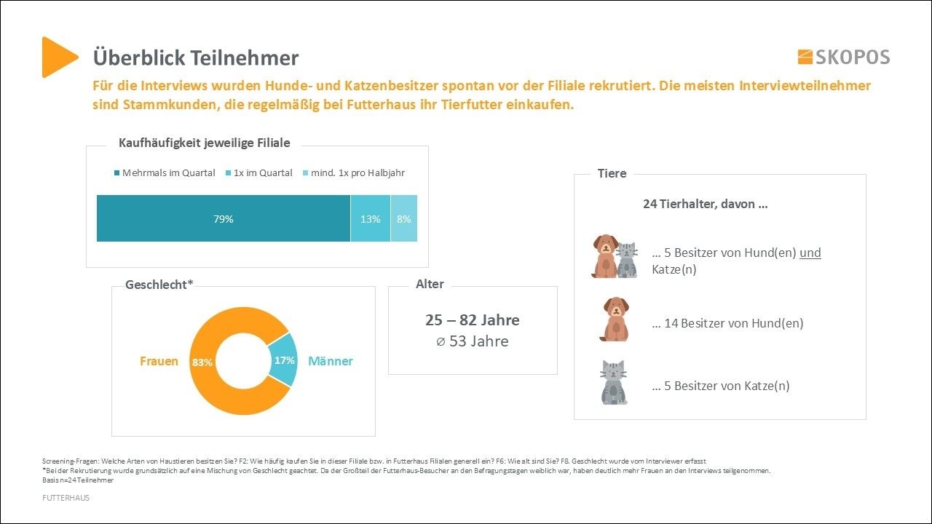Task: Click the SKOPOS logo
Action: point(843,57)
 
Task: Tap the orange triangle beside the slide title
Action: point(58,57)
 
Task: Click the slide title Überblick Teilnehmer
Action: point(195,58)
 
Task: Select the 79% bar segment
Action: point(224,218)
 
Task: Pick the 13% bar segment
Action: point(371,218)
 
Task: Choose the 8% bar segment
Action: point(404,218)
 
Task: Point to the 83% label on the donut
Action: point(202,362)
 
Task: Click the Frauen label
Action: point(159,362)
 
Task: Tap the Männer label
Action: point(331,362)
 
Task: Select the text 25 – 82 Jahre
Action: point(473,320)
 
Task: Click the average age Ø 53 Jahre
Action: point(473,341)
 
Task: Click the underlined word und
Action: point(810,253)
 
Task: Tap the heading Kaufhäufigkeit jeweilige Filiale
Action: point(204,143)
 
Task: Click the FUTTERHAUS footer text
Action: point(66,498)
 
